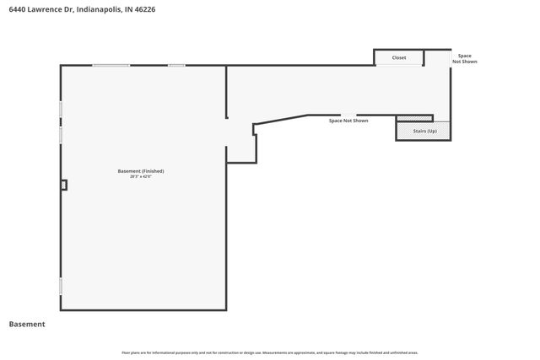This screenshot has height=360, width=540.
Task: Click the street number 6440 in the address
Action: (x=17, y=9)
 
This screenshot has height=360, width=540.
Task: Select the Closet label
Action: (x=399, y=58)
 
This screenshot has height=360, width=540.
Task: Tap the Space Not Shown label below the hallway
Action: (x=348, y=121)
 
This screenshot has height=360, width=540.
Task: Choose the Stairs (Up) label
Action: (x=424, y=132)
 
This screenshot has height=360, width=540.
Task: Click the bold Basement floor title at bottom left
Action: (x=27, y=324)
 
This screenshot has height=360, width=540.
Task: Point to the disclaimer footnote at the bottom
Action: (x=270, y=352)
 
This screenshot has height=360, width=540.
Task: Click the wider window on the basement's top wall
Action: (x=111, y=66)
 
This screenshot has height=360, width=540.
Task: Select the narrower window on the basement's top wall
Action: (x=176, y=66)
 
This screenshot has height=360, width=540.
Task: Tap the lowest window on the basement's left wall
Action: (x=61, y=286)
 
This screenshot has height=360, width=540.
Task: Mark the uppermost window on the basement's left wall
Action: (x=61, y=110)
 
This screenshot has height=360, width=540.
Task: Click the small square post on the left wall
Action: (x=63, y=185)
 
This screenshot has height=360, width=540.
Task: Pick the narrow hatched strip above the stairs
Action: (x=413, y=118)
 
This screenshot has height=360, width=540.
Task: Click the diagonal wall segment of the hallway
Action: (x=280, y=120)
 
